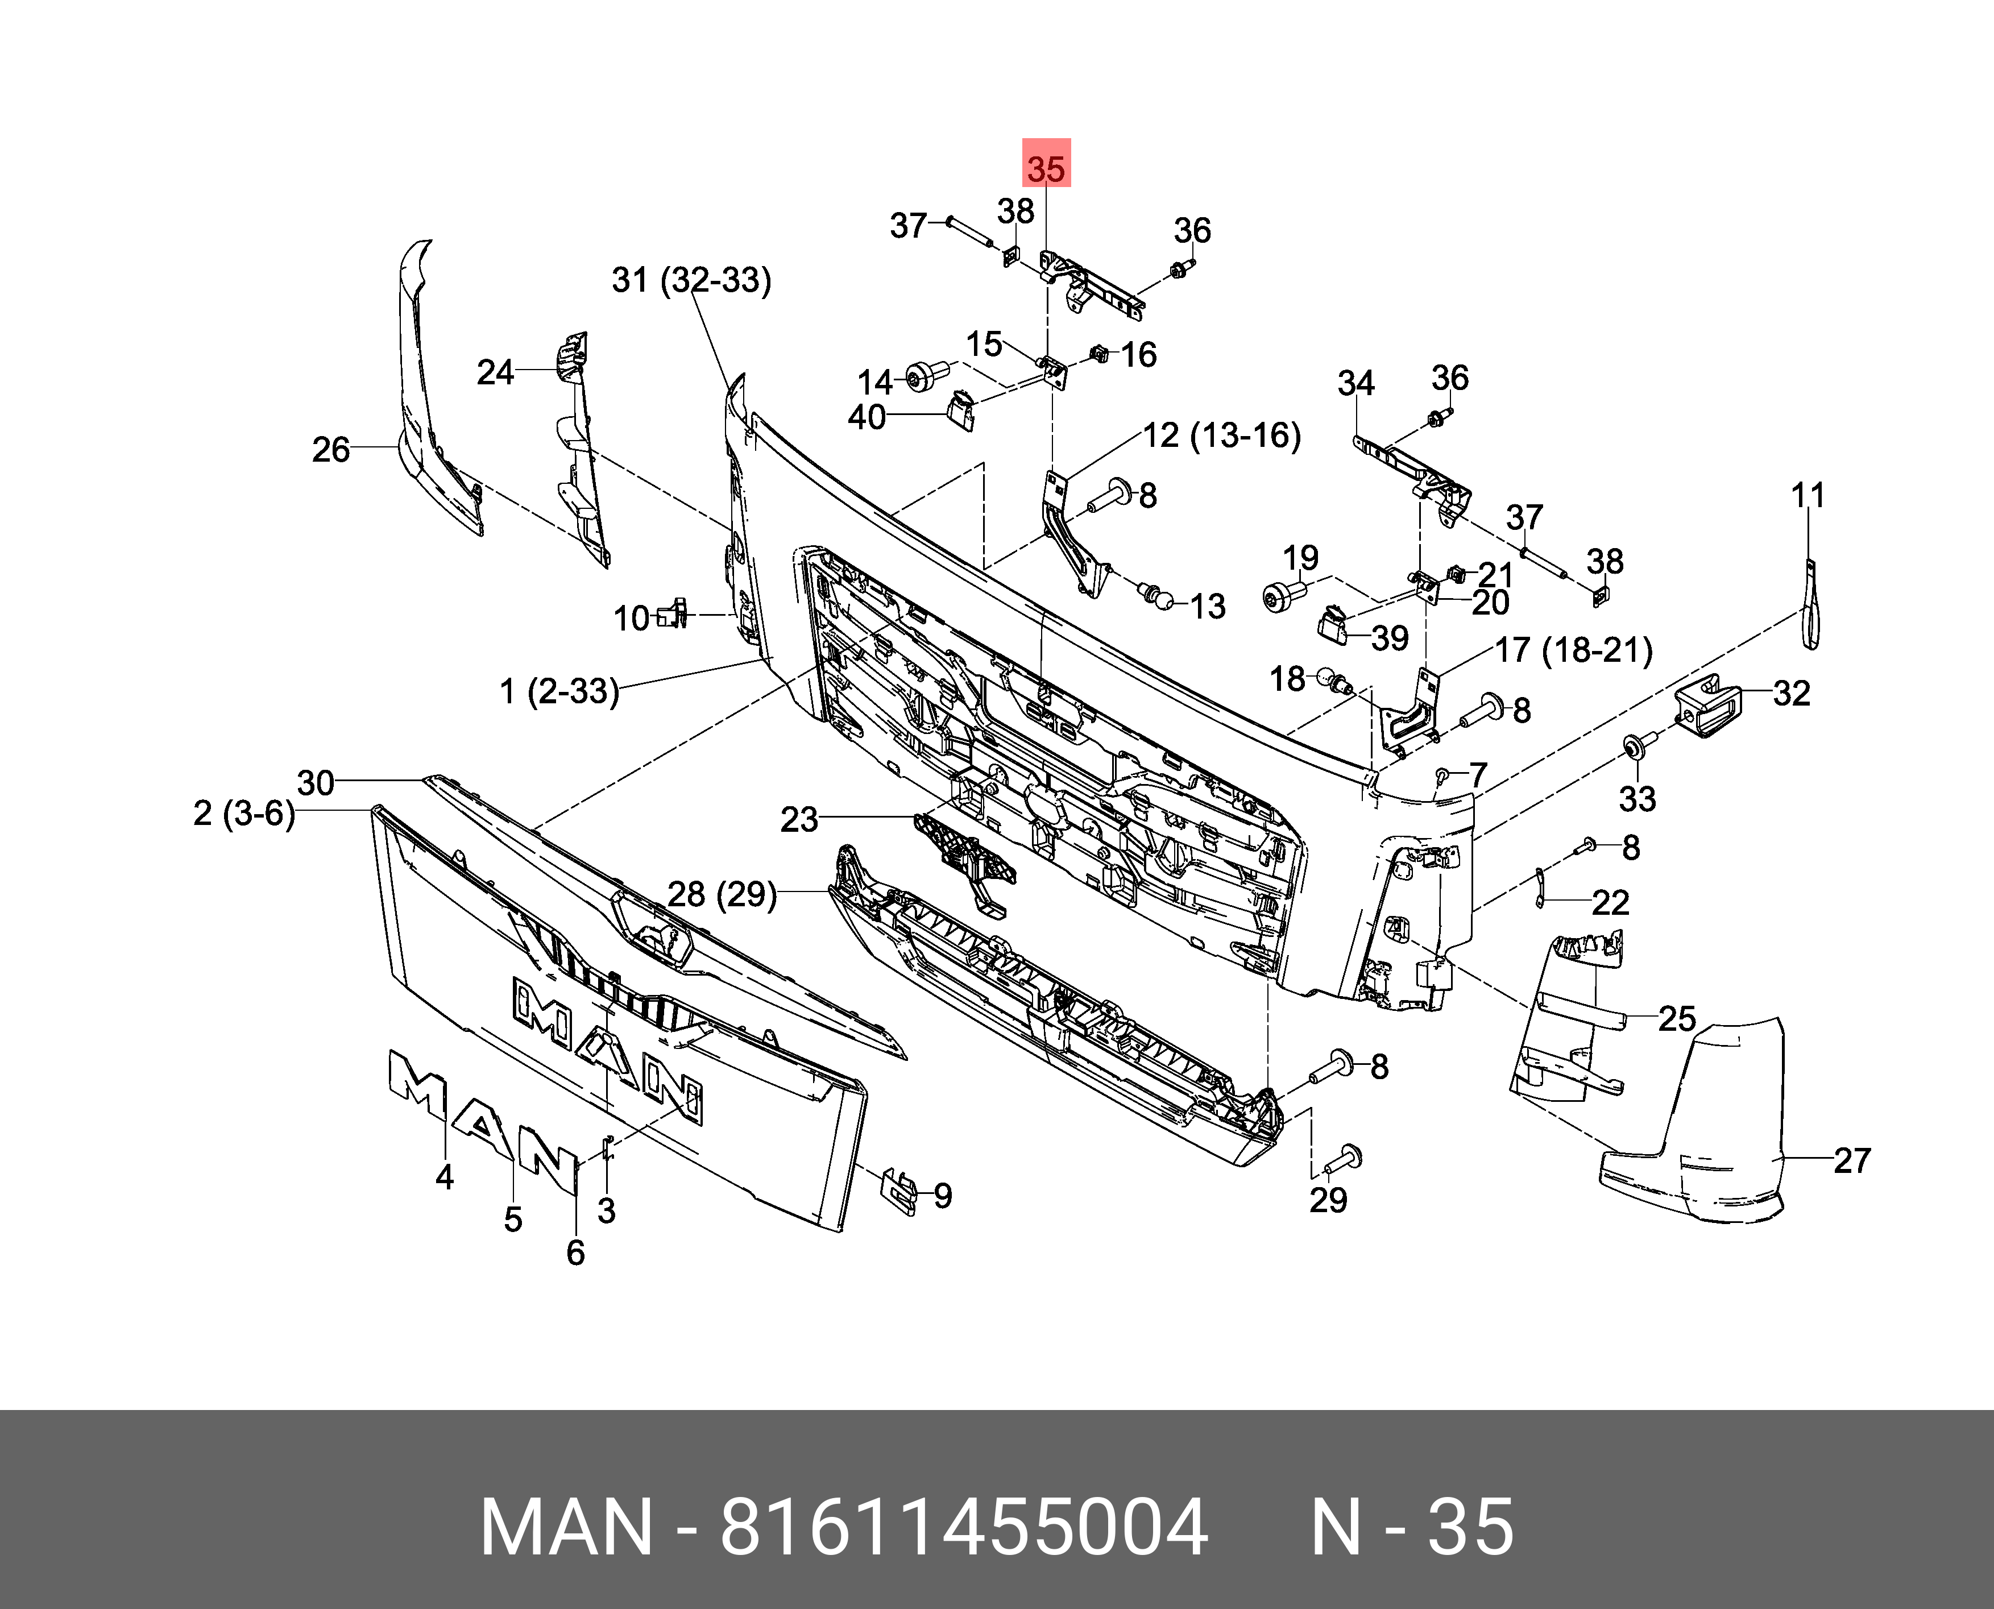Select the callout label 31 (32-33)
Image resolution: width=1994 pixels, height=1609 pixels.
(x=691, y=279)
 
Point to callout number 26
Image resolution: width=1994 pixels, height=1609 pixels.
(x=331, y=450)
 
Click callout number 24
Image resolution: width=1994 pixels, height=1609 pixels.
(x=495, y=372)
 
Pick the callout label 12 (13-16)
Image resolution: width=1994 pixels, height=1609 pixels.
(x=1222, y=435)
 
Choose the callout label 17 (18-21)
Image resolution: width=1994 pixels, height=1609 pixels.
(x=1574, y=650)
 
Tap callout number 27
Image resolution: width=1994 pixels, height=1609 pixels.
(x=1852, y=1160)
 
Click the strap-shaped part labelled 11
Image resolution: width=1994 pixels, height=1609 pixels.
(x=1810, y=608)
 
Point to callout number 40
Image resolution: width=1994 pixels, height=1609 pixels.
(x=867, y=417)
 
